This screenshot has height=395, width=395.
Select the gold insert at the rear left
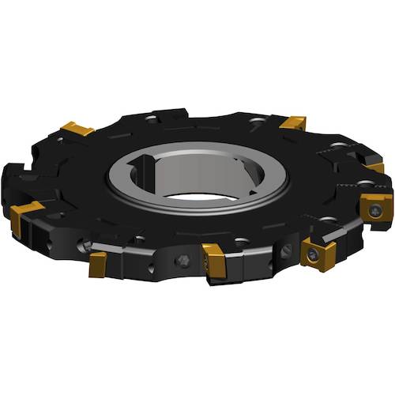pyautogui.click(x=77, y=128)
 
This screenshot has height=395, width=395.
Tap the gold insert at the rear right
pyautogui.click(x=293, y=122)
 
